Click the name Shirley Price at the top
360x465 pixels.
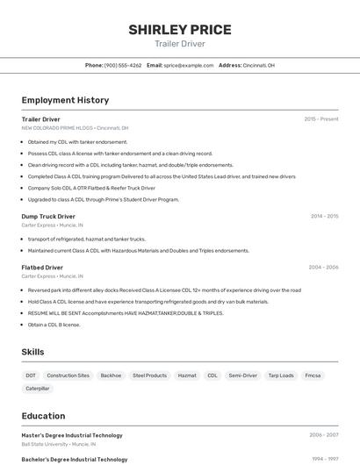click(x=180, y=30)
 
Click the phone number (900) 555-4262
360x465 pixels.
click(x=123, y=65)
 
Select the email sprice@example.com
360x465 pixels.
click(x=188, y=65)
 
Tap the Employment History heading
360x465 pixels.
click(x=65, y=100)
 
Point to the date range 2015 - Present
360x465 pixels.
click(x=321, y=119)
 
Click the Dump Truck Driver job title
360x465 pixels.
click(x=48, y=216)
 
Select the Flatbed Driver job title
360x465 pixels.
click(x=42, y=267)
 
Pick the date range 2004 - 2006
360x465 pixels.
click(x=323, y=267)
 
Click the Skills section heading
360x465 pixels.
click(x=33, y=352)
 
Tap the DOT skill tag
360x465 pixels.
click(x=31, y=376)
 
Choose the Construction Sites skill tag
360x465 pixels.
click(x=68, y=376)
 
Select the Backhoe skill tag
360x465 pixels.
click(x=111, y=376)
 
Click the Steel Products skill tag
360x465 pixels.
click(x=149, y=376)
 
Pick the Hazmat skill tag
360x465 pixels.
click(x=187, y=376)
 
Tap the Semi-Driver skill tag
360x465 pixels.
click(x=242, y=376)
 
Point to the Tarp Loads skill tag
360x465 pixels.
click(x=281, y=376)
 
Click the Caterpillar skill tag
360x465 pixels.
click(x=38, y=388)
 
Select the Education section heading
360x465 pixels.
click(x=43, y=416)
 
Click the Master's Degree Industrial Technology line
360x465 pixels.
click(x=72, y=435)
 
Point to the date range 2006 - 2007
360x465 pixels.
click(x=323, y=435)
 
